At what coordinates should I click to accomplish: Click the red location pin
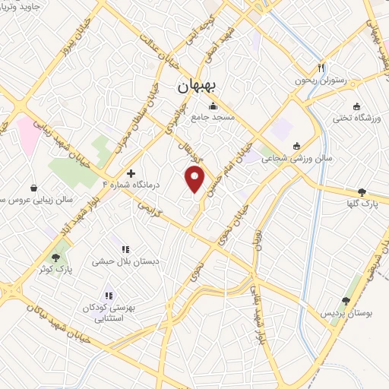[x=195, y=180]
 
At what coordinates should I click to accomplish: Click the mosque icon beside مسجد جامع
[x=213, y=106]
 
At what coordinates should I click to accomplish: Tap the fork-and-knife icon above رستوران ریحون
[x=321, y=66]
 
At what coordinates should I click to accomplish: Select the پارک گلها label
[x=368, y=204]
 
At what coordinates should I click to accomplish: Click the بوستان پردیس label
[x=347, y=313]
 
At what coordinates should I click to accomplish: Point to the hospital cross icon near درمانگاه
[x=131, y=174]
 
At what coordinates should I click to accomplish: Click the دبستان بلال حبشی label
[x=125, y=261]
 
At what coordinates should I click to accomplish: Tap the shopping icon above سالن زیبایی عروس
[x=33, y=187]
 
